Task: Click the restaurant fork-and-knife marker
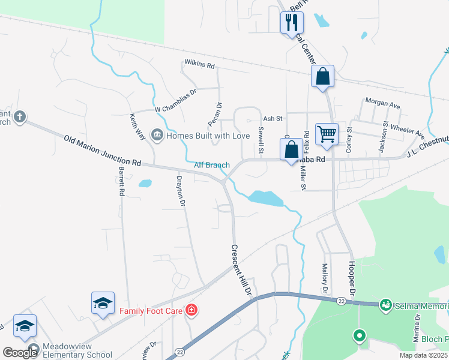(292, 23)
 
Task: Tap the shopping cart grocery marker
(327, 134)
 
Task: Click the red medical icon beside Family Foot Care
(191, 310)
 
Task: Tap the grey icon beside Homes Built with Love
(157, 135)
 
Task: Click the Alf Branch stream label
(212, 165)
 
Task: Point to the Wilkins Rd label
(199, 64)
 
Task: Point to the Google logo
(20, 353)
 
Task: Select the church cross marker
(20, 117)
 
